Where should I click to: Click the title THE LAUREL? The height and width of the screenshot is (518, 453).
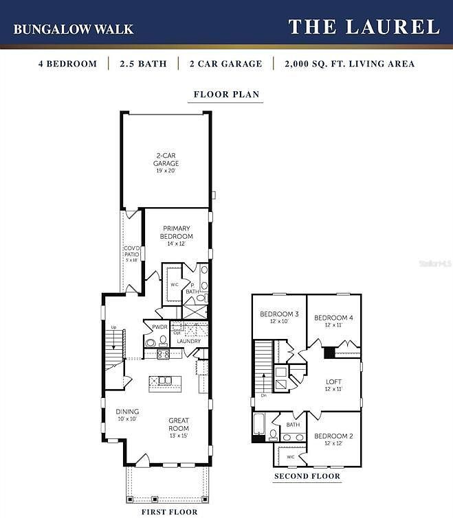364,27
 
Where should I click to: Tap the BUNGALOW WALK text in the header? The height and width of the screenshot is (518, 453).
74,30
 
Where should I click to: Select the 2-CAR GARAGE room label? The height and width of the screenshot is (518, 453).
166,163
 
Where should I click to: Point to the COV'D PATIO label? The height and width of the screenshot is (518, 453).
131,254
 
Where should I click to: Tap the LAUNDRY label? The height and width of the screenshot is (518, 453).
188,341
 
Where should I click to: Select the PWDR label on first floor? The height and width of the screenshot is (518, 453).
160,327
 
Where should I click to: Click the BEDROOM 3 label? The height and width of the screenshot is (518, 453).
279,317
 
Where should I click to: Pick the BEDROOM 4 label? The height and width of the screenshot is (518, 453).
333,320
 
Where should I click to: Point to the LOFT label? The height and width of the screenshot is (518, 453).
333,384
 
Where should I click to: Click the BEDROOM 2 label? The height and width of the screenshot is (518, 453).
333,439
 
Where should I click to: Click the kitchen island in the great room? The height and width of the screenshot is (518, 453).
164,379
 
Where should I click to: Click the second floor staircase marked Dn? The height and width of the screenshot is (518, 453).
263,367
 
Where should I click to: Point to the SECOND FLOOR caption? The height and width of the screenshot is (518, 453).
307,476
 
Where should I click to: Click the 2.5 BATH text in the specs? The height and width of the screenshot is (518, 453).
142,64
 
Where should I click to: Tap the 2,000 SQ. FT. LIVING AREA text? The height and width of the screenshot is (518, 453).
349,64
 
